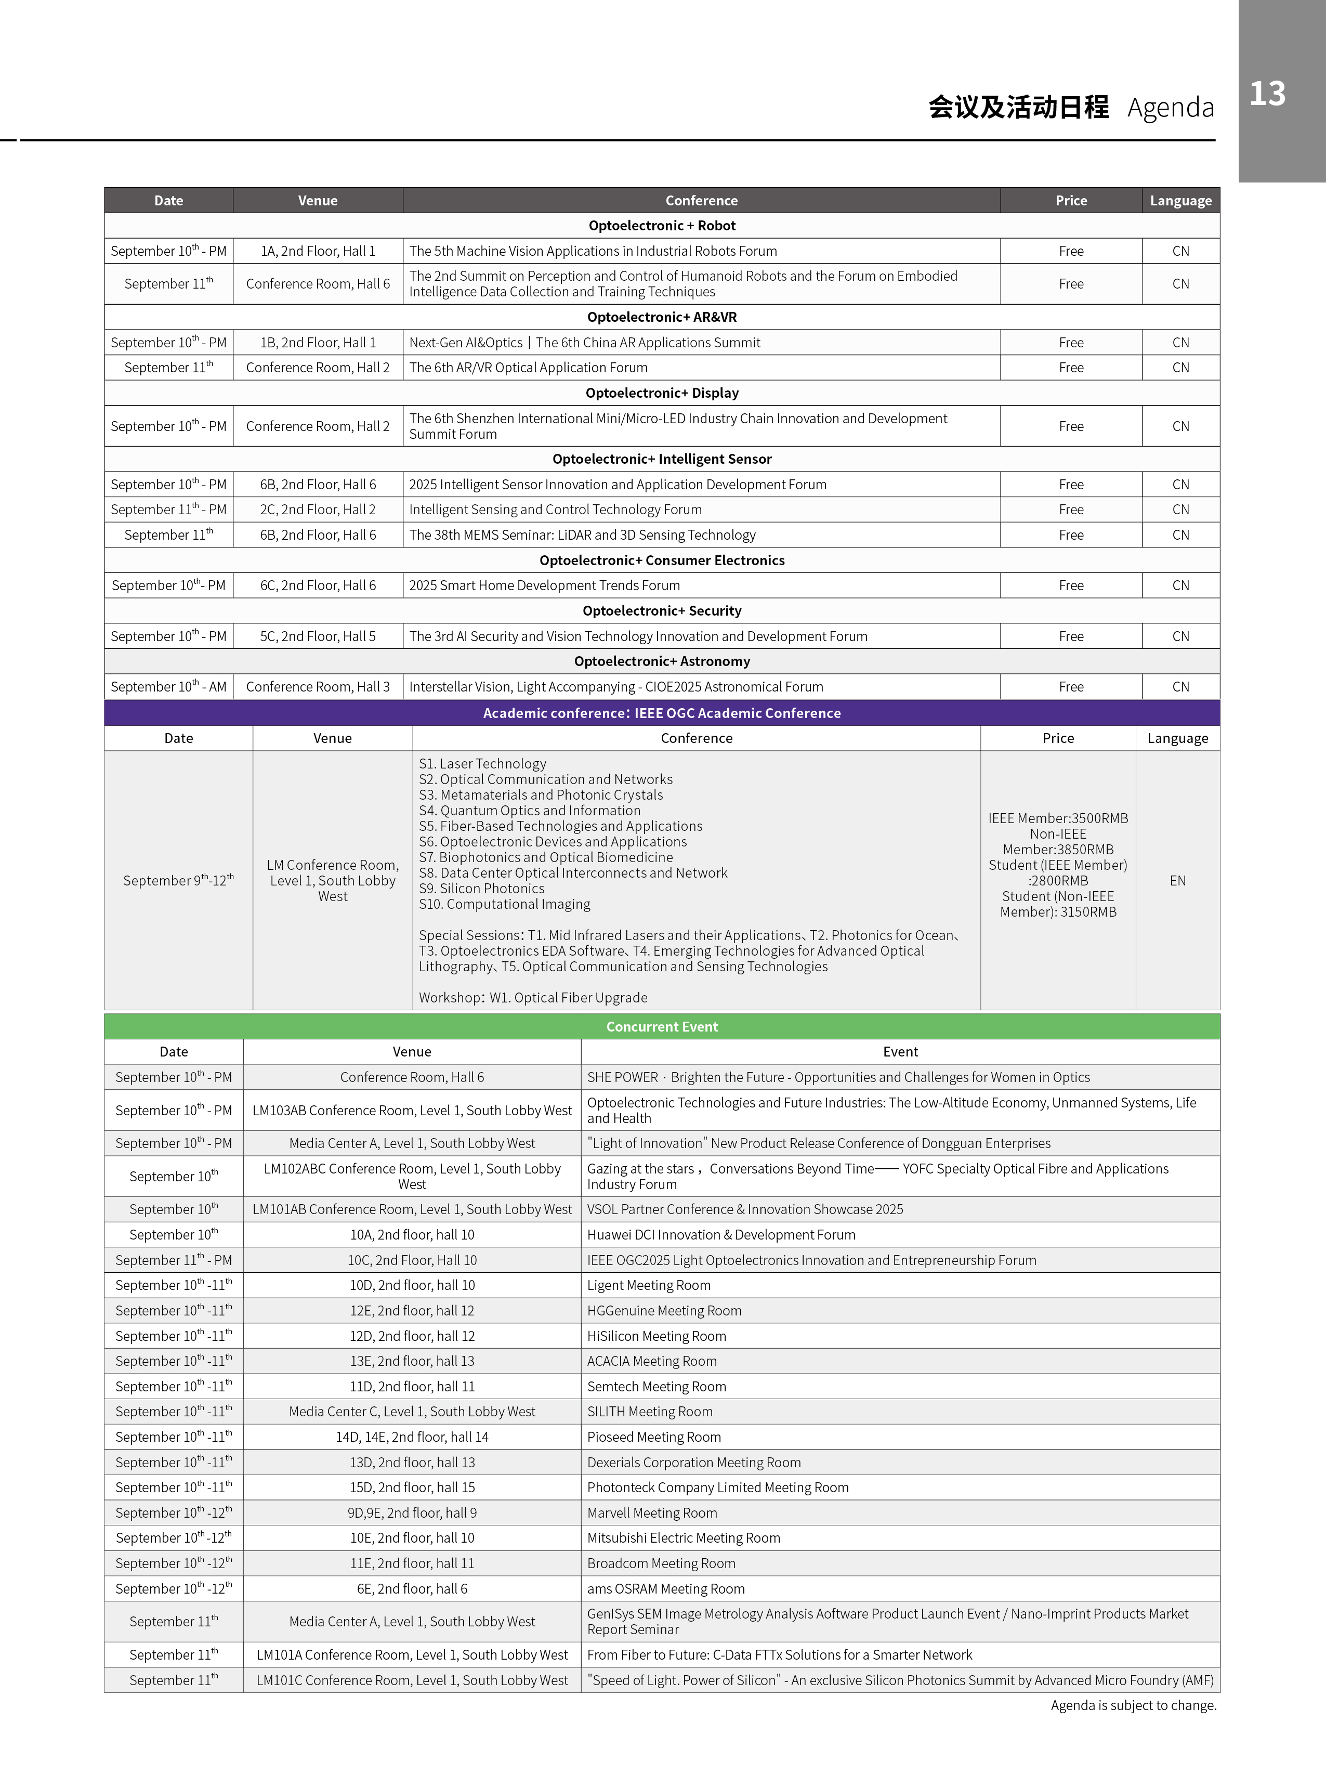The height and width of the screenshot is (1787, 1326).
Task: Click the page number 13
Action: [x=1267, y=94]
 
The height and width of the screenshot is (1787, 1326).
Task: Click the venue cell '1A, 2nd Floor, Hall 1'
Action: [x=318, y=251]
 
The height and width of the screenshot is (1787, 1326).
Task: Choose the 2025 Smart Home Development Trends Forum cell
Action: [x=544, y=585]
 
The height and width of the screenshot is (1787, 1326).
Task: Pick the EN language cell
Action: [x=1177, y=881]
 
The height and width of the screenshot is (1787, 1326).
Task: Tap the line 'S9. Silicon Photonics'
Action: [x=482, y=889]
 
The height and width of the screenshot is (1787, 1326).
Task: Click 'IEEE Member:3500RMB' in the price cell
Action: [x=1058, y=818]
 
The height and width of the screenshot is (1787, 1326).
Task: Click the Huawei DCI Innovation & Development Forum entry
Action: [x=721, y=1235]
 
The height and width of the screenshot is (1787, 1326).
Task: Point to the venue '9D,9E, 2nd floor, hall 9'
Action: [x=412, y=1512]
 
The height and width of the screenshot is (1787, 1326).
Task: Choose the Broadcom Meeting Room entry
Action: [x=661, y=1563]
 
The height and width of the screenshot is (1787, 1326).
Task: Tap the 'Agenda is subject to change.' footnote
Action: [x=1133, y=1705]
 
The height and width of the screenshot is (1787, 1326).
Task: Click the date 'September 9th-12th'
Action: [x=178, y=881]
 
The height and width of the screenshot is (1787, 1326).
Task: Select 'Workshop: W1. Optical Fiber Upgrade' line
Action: [x=533, y=998]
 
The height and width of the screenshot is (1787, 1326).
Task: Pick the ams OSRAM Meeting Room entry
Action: [x=665, y=1589]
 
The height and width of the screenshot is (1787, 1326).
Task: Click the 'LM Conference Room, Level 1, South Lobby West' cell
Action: [x=332, y=881]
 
